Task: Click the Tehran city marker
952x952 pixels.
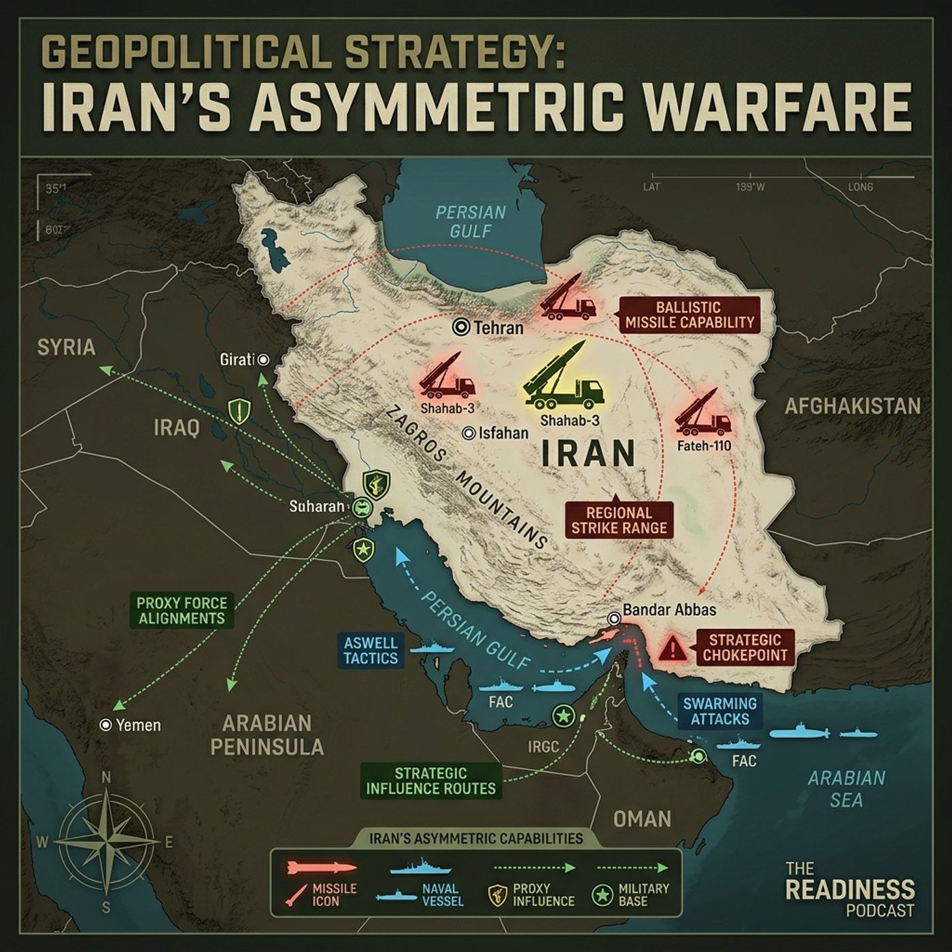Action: tap(461, 327)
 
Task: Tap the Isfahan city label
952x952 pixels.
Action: tap(503, 433)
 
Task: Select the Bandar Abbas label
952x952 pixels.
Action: tap(669, 610)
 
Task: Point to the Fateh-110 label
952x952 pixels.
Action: tap(704, 447)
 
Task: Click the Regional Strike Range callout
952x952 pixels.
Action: tap(619, 520)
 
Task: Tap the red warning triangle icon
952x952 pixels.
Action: tap(673, 648)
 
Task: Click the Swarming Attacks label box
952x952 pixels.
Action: tap(719, 711)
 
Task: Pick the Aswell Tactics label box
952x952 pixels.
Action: tap(371, 651)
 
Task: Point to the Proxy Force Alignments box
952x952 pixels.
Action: tap(181, 610)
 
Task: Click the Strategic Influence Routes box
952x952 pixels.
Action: tap(430, 781)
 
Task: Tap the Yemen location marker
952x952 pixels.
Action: tap(105, 726)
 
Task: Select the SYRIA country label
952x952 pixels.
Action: tap(66, 347)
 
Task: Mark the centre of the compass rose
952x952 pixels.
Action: tap(105, 842)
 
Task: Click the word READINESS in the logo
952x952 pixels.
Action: tap(849, 889)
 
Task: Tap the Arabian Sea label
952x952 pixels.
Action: tap(846, 789)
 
